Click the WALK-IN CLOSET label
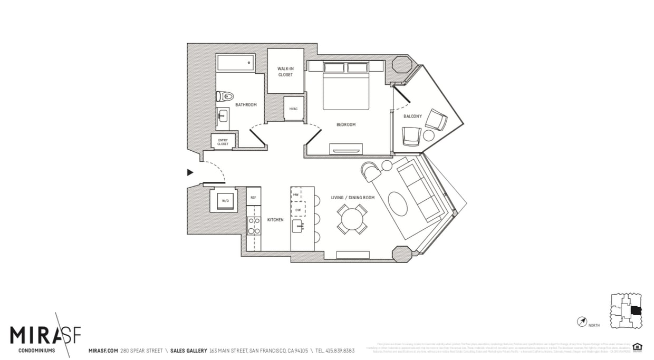point(285,71)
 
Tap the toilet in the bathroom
point(225,96)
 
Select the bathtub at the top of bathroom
point(235,63)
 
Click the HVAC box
point(294,109)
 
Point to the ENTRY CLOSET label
point(223,141)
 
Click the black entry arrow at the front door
point(190,172)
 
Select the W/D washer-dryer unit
point(224,200)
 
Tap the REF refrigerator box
point(253,197)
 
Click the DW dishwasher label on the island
point(298,209)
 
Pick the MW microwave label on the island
point(296,194)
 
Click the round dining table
point(352,219)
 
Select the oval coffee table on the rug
point(398,203)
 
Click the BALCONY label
point(412,116)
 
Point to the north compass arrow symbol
point(582,321)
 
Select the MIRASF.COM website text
point(103,351)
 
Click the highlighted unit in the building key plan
point(636,311)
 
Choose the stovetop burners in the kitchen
point(254,226)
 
